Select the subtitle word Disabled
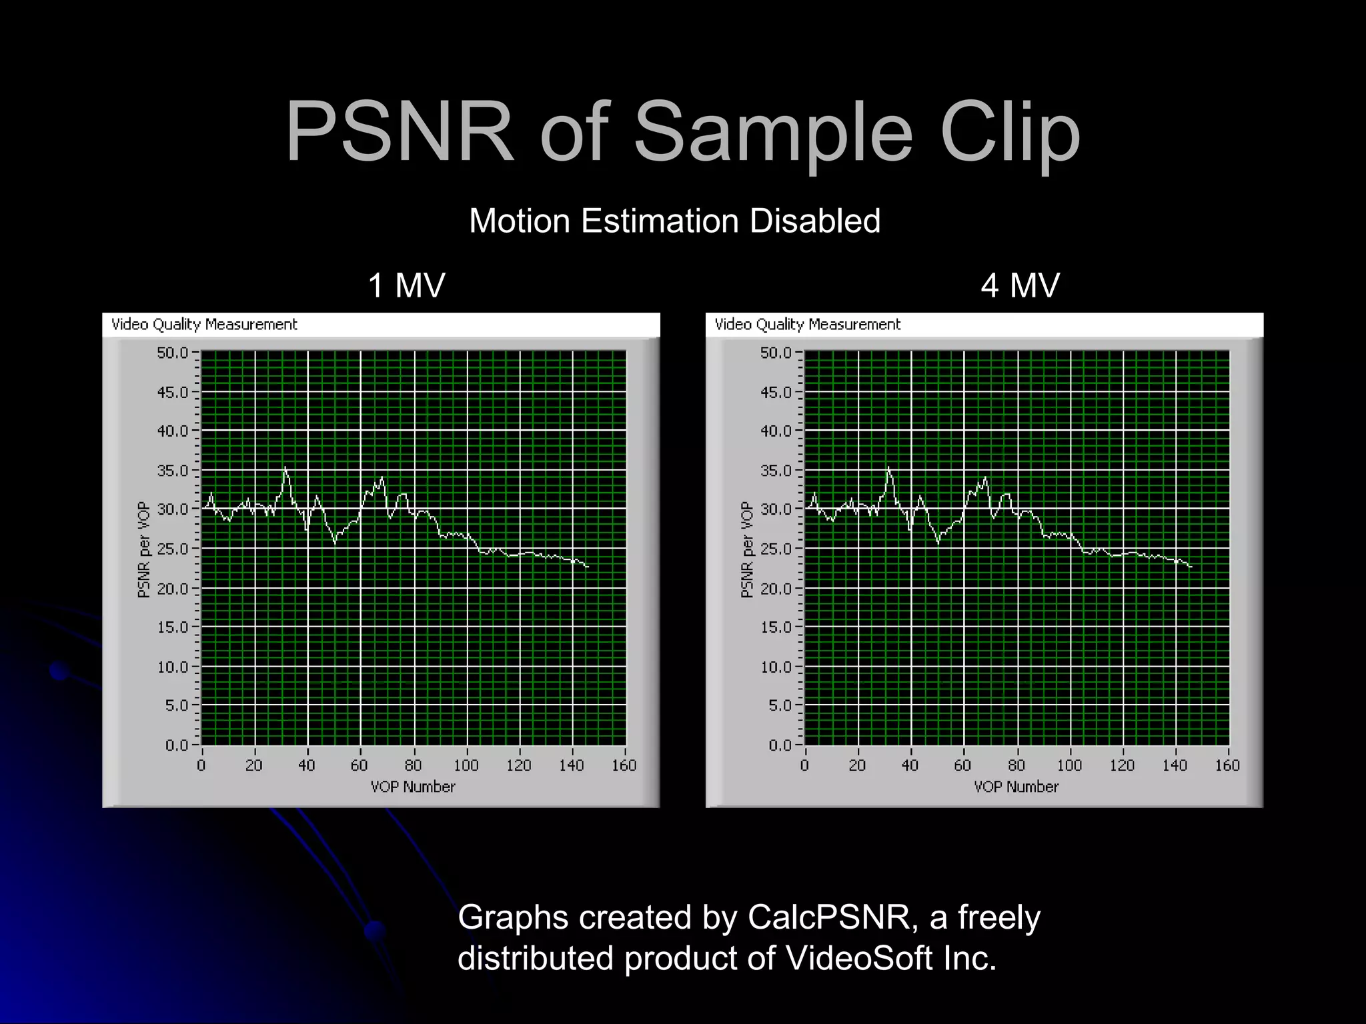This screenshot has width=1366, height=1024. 814,221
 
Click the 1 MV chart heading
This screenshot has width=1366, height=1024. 406,285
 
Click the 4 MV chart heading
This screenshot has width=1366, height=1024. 1020,285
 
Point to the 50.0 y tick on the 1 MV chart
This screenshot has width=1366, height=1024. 173,352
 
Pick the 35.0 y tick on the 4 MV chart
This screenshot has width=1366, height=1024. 776,471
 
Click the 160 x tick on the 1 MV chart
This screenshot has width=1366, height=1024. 624,765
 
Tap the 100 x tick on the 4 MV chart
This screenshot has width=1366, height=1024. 1069,765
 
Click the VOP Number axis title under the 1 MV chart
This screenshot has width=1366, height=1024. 413,787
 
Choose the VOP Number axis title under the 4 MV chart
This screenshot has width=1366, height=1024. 1016,787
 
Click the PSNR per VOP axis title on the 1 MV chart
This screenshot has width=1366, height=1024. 143,550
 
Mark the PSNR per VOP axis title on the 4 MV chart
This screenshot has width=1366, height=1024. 746,550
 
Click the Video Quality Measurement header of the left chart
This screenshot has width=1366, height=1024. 204,325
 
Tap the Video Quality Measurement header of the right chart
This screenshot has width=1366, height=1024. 807,325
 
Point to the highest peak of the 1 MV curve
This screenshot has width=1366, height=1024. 285,468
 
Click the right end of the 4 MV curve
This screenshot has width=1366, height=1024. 1191,567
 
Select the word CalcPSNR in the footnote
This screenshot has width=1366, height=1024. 828,917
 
